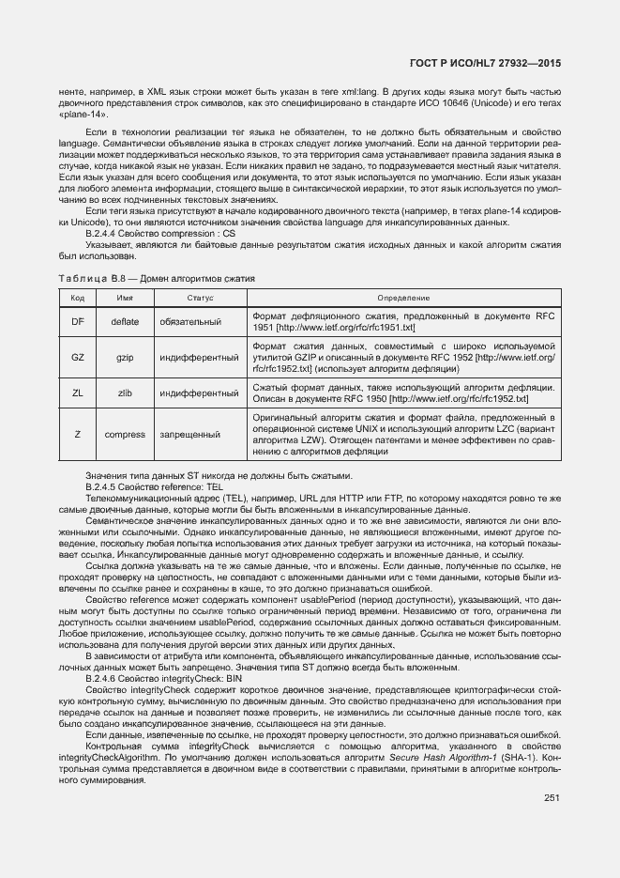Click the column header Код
click(x=78, y=298)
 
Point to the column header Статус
click(x=200, y=298)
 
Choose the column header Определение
click(x=404, y=298)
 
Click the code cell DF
click(x=78, y=322)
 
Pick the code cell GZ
click(x=78, y=358)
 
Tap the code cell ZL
click(x=78, y=393)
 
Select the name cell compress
click(x=125, y=435)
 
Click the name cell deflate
click(x=125, y=322)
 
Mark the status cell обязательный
click(x=190, y=322)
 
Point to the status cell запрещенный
click(x=190, y=435)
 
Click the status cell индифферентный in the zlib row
click(x=199, y=393)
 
